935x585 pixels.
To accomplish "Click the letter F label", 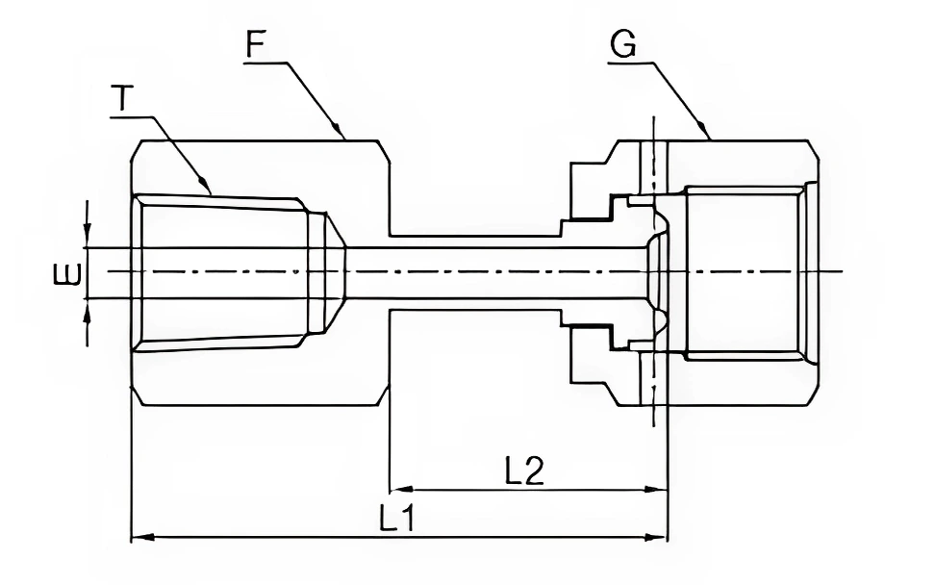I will coord(255,44).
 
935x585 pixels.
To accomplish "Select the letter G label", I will coord(623,44).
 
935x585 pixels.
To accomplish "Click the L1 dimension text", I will coord(395,520).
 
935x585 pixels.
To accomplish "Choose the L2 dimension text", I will coord(524,471).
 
